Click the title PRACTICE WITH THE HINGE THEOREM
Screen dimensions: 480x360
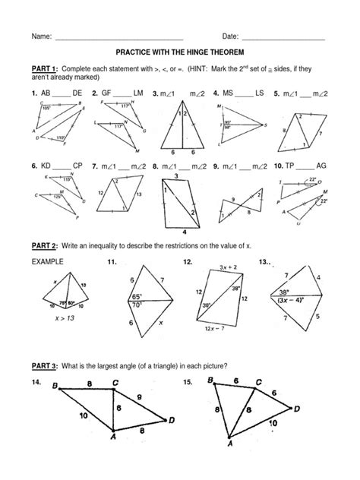pos(179,55)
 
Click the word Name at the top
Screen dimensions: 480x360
pos(41,36)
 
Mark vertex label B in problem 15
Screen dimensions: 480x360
pos(211,381)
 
